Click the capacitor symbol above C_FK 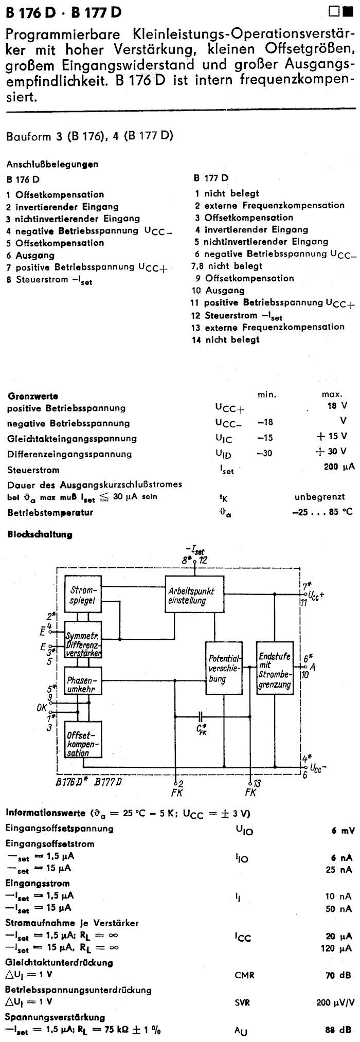coord(201,716)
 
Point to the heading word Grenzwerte coord(32,396)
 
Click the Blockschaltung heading coord(40,534)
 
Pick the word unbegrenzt coord(319,497)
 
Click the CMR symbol coord(244,975)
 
